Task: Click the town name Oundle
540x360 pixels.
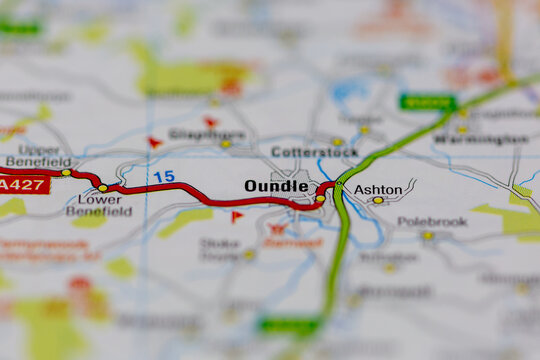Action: coord(276,186)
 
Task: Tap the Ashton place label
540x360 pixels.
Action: coord(378,189)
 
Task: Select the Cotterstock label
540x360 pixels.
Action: coord(314,152)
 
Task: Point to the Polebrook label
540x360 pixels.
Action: coord(432,222)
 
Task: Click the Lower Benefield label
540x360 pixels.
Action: coord(99,204)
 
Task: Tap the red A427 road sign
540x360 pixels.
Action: coord(23,185)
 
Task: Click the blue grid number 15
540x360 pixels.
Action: coord(164,177)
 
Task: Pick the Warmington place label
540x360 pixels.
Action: coord(482,139)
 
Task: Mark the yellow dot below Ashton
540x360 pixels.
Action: coord(378,201)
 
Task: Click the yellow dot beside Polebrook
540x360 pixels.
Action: coord(427,236)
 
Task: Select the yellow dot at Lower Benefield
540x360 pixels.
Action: coord(102,188)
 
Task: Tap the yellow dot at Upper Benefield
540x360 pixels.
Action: coord(66,173)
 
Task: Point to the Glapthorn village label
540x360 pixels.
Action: coord(207,134)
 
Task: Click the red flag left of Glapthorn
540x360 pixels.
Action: coord(154,142)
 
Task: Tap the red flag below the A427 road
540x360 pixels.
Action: coord(237,216)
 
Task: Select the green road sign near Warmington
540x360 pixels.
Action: coord(428,102)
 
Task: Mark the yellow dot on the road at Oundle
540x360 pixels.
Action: coord(320,199)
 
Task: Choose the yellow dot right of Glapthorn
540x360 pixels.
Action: coord(226,144)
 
